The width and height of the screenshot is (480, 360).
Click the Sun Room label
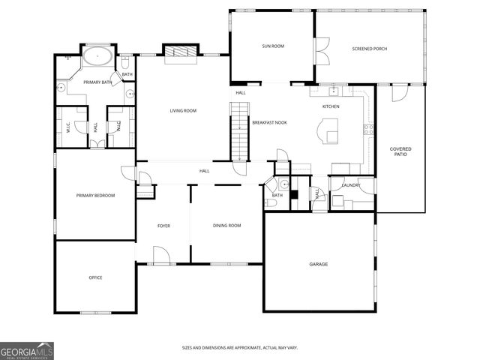(273, 46)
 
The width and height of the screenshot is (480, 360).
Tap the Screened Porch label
(370, 49)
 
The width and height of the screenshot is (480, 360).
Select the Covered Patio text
(400, 151)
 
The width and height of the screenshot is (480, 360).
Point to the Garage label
(319, 264)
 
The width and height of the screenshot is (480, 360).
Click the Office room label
(95, 277)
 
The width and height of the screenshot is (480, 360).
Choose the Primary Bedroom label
(95, 195)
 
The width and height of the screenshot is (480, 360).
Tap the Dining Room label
(227, 225)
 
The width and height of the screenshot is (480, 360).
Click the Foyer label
(163, 225)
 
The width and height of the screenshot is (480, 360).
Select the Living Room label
(183, 111)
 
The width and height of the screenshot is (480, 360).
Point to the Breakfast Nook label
(269, 122)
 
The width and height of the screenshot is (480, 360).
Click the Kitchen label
(331, 106)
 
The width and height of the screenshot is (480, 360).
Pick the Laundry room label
(350, 185)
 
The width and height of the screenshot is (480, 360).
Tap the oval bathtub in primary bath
(97, 57)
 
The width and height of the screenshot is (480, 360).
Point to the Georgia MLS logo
(26, 351)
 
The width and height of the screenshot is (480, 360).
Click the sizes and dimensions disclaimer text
(239, 347)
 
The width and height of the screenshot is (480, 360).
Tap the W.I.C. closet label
(68, 127)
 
